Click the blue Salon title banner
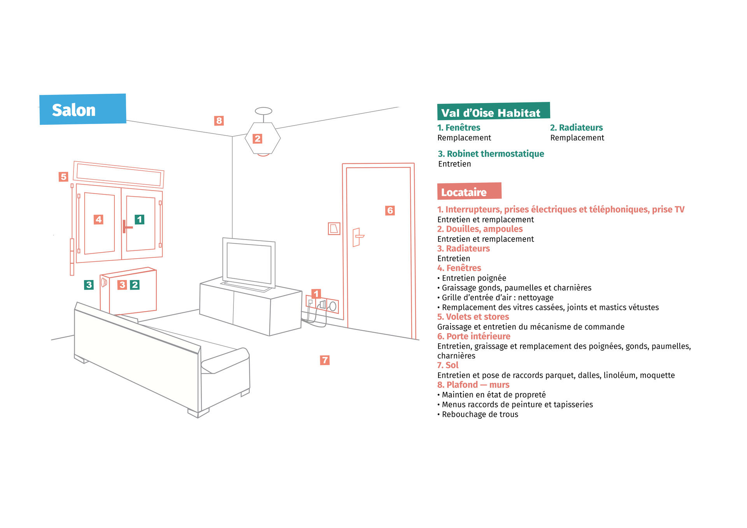pos(83,109)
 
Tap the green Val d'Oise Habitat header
pos(493,111)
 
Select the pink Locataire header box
pos(469,191)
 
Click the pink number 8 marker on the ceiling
pos(219,121)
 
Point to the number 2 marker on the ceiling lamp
pos(257,139)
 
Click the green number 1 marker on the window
pos(139,220)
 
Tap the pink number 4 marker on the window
pos(98,220)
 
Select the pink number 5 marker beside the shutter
pos(63,177)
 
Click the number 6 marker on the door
pos(390,211)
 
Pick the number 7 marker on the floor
pos(325,360)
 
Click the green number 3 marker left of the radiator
pos(89,285)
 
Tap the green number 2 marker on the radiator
pos(135,285)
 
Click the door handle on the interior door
pos(358,237)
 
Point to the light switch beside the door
pos(334,229)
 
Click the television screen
pos(249,263)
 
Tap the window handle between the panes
pos(126,227)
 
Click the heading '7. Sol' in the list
pos(448,365)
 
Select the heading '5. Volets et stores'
pos(473,317)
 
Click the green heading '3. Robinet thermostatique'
pos(491,154)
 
